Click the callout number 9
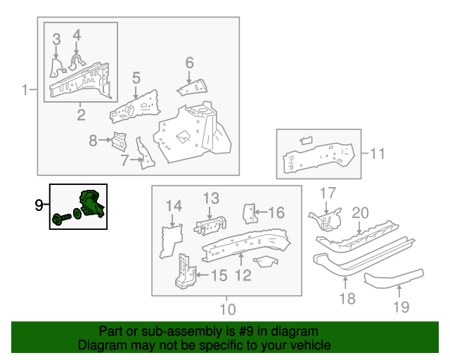(39, 205)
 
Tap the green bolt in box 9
(61, 219)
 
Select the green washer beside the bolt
(77, 214)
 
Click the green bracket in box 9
(91, 203)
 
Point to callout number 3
(56, 39)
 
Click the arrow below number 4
(76, 48)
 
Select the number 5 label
(136, 78)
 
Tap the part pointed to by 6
(193, 88)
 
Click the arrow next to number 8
(105, 140)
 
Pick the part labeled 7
(146, 154)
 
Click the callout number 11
(378, 153)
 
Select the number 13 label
(211, 198)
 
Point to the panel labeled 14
(170, 241)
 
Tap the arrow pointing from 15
(202, 275)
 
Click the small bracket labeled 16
(249, 213)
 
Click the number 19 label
(401, 307)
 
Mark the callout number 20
(360, 213)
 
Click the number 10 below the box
(228, 309)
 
